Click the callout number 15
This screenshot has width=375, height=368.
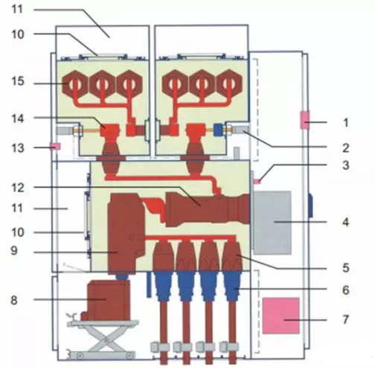(x=18, y=81)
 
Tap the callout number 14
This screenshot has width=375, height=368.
(x=18, y=118)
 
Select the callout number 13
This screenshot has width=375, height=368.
(x=18, y=148)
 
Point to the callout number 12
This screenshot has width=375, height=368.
(x=18, y=188)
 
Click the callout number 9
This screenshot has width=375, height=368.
(x=14, y=250)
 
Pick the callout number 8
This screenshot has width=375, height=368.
(x=14, y=300)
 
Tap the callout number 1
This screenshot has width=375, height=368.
(x=345, y=122)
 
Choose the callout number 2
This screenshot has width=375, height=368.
(x=345, y=147)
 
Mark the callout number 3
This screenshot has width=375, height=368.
(x=346, y=165)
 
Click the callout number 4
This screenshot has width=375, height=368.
(x=346, y=222)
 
